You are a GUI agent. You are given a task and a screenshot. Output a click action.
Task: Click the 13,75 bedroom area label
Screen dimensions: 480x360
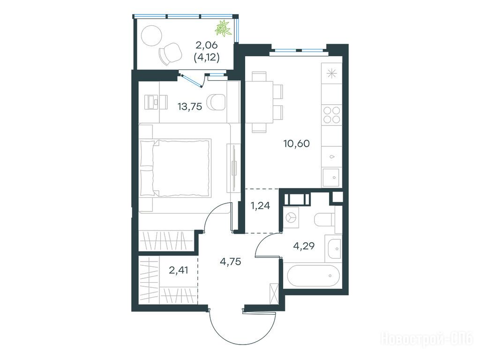[190, 106]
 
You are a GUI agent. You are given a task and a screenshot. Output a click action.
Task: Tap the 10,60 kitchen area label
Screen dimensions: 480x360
[297, 143]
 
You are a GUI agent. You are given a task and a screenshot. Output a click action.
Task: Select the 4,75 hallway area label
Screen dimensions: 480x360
[231, 262]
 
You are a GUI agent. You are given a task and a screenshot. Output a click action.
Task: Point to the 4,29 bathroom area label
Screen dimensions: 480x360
[304, 246]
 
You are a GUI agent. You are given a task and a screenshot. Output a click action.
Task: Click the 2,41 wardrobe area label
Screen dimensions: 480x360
[179, 270]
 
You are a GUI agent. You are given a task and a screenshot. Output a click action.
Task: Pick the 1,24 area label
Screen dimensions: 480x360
[260, 206]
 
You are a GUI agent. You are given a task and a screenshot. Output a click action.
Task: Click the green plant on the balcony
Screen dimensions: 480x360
[223, 28]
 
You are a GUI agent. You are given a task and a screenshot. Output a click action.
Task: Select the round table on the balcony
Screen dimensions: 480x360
[151, 35]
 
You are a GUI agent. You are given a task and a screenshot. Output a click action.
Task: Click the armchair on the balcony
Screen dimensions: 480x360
[170, 53]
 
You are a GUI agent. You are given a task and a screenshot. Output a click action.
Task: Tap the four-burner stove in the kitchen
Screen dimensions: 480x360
[331, 115]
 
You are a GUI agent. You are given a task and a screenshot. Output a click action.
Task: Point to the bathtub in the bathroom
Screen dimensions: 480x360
[314, 276]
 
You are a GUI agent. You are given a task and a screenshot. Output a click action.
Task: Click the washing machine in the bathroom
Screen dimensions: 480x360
[291, 217]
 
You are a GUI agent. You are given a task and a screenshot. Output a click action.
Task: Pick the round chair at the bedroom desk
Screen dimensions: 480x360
[217, 102]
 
